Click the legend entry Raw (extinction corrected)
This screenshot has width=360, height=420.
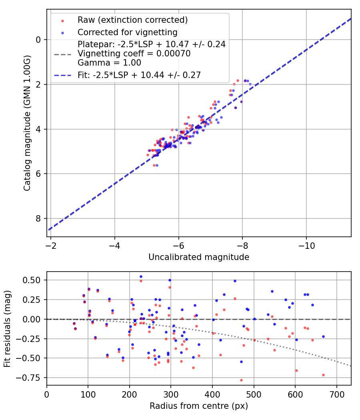(132, 20)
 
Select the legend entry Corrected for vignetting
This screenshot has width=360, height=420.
(127, 32)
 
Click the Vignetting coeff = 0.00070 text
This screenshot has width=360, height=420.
(134, 54)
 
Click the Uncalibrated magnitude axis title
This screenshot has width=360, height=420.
(199, 257)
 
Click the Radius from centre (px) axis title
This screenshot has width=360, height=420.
(199, 406)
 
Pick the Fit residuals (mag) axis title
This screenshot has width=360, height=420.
(8, 329)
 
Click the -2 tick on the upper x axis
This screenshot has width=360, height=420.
(51, 244)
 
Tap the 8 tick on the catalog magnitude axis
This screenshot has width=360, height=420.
(39, 218)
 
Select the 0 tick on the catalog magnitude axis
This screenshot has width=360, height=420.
(39, 40)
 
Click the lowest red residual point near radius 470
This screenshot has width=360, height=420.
(241, 380)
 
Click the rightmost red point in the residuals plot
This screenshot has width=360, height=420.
(323, 375)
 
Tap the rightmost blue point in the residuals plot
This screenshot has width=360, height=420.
(323, 336)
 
